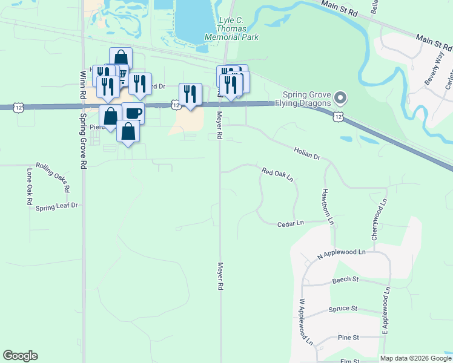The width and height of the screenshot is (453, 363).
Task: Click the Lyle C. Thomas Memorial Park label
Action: (x=240, y=28)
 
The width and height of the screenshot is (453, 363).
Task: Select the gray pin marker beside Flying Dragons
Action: (x=340, y=97)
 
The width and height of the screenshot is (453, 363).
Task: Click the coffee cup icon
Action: (x=133, y=114)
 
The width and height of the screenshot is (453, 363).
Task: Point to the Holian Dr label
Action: (x=307, y=152)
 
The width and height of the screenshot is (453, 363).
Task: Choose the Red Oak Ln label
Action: (x=277, y=175)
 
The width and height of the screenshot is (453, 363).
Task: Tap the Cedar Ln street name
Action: (x=290, y=223)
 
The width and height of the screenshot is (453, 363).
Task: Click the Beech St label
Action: (x=346, y=281)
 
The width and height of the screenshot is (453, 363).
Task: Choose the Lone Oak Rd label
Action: (x=28, y=188)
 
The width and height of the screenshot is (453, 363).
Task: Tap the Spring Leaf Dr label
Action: (x=57, y=206)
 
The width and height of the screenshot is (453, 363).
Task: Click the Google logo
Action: (x=20, y=356)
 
